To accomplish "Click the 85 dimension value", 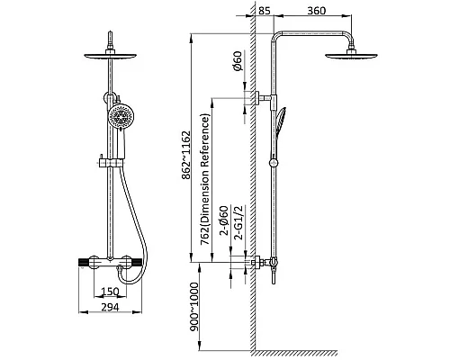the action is [265, 11].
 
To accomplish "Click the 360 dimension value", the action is [317, 11].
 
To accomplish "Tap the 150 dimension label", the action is [110, 292].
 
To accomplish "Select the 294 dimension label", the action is [110, 307].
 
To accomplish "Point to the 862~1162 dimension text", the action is [186, 155].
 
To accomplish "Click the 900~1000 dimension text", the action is [194, 307].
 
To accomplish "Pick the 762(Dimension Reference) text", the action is [205, 179].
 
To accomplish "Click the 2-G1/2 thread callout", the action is [239, 222].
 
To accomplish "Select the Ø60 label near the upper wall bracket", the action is [237, 61].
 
